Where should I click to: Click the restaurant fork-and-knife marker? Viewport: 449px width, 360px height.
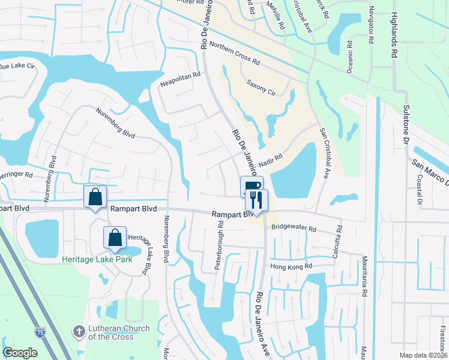(256, 200)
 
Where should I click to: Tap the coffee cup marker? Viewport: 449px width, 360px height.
(251, 187)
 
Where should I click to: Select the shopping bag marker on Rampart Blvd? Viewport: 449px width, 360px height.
(95, 197)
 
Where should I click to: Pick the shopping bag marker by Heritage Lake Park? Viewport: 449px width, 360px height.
(115, 238)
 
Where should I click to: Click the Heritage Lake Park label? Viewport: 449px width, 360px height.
(96, 259)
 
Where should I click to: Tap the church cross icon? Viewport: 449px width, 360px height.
(79, 331)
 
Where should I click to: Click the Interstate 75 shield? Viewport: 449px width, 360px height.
(40, 349)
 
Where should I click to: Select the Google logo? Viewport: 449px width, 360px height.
(20, 352)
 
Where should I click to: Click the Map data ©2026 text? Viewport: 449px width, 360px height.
(423, 355)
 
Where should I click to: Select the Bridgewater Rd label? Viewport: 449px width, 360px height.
(294, 228)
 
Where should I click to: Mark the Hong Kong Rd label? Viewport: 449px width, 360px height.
(291, 266)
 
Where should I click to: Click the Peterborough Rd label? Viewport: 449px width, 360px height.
(220, 246)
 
